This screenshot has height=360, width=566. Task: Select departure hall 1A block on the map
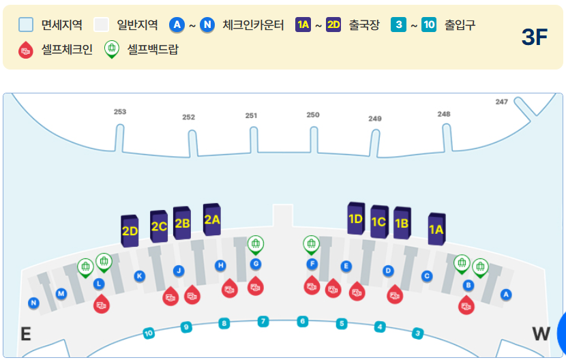436,229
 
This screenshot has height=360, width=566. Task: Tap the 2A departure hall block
212,219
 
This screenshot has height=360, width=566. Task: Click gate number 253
120,111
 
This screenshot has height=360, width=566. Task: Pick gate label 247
502,102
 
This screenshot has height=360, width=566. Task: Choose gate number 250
313,115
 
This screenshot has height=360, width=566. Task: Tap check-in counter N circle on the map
34,303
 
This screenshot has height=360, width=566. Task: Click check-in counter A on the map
506,295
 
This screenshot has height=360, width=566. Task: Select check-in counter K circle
140,276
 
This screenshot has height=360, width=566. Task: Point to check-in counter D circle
388,271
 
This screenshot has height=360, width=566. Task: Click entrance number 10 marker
149,333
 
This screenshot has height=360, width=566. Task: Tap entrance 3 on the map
418,333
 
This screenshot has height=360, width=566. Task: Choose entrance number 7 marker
263,321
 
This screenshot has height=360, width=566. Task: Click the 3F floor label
535,37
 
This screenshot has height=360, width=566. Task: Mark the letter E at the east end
26,333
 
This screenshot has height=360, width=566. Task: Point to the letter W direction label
541,333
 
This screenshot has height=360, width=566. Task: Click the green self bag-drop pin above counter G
256,243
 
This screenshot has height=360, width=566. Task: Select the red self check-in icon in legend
26,50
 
